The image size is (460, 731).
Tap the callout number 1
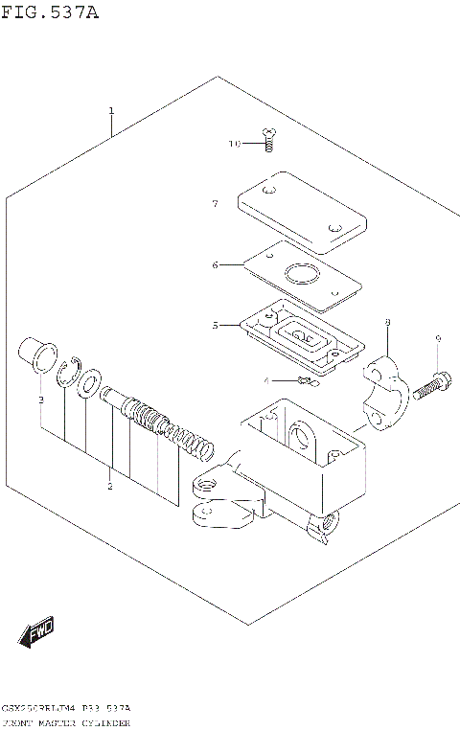tap(111, 111)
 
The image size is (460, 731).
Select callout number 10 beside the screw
tap(235, 144)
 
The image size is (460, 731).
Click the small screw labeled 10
tap(269, 141)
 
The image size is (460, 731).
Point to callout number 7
tap(216, 203)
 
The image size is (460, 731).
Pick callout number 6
tap(216, 264)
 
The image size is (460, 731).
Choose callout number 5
tap(216, 325)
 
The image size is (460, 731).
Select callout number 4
tap(267, 380)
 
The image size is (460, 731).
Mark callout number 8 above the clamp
tap(386, 323)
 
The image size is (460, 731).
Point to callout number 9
tap(437, 338)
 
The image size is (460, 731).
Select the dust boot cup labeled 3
tap(36, 354)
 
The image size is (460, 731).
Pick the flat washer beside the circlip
tap(90, 383)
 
